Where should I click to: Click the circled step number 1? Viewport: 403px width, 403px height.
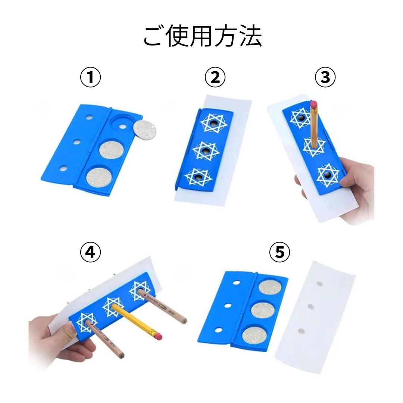pos(91,78)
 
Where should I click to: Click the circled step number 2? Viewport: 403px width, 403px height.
pos(215,78)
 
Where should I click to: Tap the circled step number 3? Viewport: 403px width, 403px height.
pos(325,78)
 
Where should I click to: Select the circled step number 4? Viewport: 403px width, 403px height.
pos(91,253)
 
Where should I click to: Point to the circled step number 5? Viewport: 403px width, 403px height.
pos(279,253)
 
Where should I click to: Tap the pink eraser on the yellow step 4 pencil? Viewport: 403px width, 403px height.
pos(157,337)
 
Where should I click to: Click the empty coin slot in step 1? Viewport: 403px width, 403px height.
pos(122,121)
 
